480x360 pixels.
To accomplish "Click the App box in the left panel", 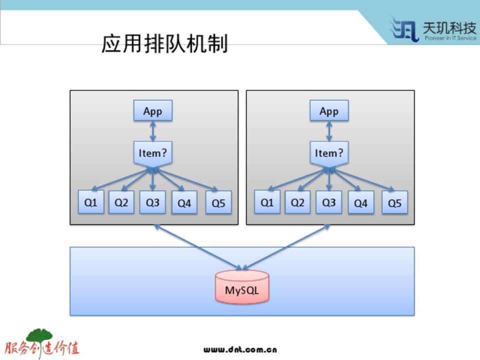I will click(152, 111).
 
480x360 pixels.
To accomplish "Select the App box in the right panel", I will click(329, 111).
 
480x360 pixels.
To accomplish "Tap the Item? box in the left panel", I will click(152, 153).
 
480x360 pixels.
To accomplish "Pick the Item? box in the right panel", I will click(329, 153).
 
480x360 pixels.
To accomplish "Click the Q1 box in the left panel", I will click(91, 202).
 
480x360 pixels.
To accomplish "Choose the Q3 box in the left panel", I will click(152, 202).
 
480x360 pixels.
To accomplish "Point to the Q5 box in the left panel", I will click(218, 203).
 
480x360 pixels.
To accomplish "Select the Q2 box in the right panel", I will click(297, 202).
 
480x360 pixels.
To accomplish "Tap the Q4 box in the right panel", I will click(360, 203).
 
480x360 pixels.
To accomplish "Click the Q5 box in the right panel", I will click(394, 203).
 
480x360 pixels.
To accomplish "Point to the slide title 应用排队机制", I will click(164, 44).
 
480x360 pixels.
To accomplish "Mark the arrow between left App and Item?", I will click(152, 131).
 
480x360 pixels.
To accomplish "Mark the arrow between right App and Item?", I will click(329, 131).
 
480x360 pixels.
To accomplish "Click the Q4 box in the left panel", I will click(184, 203).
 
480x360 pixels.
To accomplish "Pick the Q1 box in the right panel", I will click(267, 202).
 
